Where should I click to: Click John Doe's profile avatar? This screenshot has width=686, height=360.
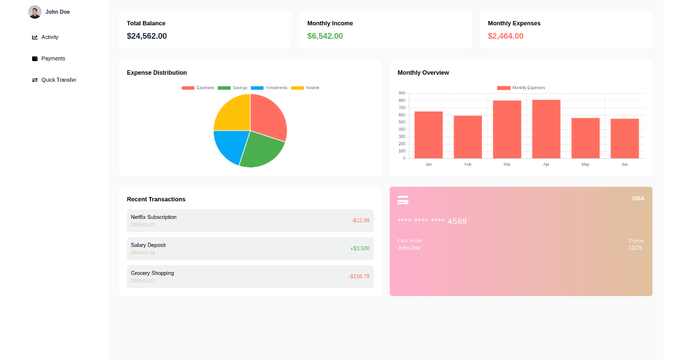tap(35, 12)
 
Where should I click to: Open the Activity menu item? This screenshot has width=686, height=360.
tap(50, 37)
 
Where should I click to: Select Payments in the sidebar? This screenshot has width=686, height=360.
tap(53, 58)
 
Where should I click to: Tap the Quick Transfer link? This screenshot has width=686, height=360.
tap(58, 80)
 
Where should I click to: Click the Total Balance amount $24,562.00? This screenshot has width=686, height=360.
tap(147, 36)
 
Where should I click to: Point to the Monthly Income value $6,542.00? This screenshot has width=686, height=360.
tap(325, 36)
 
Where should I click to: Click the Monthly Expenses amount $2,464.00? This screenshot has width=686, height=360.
tap(505, 36)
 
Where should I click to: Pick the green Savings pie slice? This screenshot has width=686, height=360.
tap(261, 151)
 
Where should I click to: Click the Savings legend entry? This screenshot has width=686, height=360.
tap(233, 88)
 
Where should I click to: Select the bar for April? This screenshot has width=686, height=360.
tap(546, 129)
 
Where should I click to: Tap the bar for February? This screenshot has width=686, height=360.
tap(468, 137)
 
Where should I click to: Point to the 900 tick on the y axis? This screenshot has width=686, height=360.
tap(402, 93)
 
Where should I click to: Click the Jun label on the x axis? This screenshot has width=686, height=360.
tap(624, 165)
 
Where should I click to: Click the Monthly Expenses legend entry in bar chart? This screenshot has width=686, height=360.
tap(521, 88)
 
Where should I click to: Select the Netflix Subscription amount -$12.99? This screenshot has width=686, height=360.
tap(360, 221)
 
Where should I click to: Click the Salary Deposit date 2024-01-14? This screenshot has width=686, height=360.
tap(143, 253)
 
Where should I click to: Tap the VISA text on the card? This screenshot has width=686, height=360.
tap(637, 199)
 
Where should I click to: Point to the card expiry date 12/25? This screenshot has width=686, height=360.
tap(635, 248)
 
